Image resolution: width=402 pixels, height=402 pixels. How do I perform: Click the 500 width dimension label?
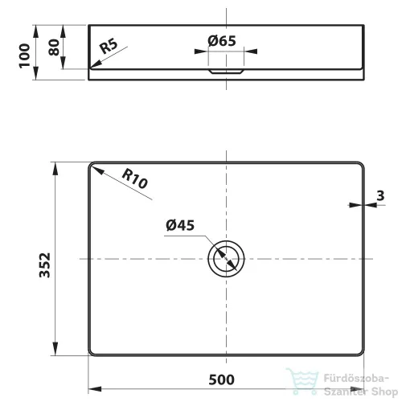pos(221,379)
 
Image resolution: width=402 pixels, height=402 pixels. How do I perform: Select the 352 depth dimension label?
pos(45,265)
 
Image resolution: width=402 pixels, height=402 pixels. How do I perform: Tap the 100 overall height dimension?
pos(24,55)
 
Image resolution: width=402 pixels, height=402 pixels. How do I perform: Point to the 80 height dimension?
pos(54,47)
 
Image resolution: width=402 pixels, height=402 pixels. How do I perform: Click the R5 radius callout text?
pos(109,46)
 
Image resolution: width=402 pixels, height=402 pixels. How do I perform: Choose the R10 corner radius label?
pos(134,179)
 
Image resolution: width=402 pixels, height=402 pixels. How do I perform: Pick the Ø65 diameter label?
pos(222,41)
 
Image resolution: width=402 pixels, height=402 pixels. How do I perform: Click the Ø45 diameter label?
pos(180,225)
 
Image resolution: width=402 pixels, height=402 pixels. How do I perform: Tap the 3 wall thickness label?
pos(380,195)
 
